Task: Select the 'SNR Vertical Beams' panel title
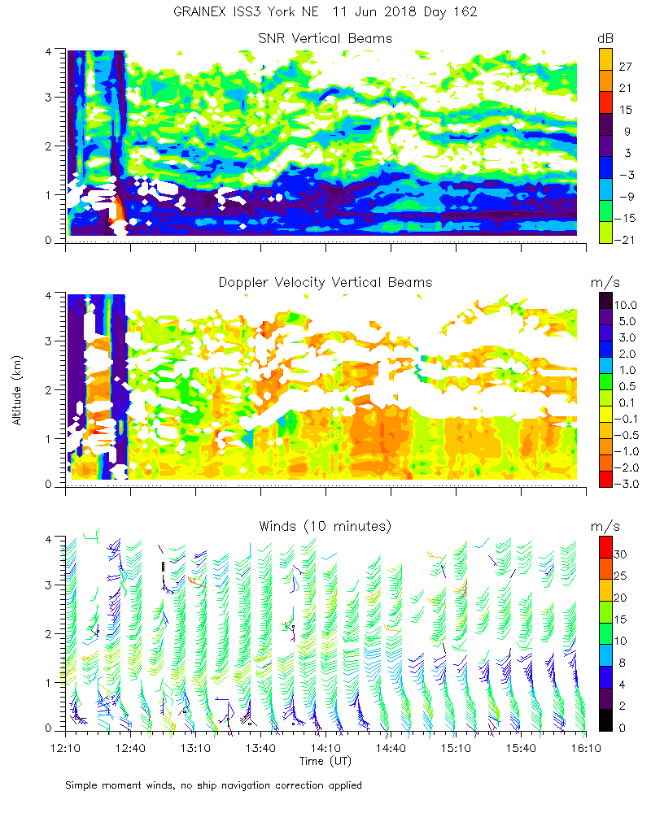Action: coord(325,38)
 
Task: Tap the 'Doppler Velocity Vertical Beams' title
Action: coord(325,282)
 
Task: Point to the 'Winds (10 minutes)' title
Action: coord(325,526)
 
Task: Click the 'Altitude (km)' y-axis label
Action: coord(17,389)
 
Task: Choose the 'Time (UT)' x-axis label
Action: coord(325,761)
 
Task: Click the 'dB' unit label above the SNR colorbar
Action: coord(605,38)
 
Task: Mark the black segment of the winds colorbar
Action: coord(605,720)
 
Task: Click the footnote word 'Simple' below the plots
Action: coord(81,785)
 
